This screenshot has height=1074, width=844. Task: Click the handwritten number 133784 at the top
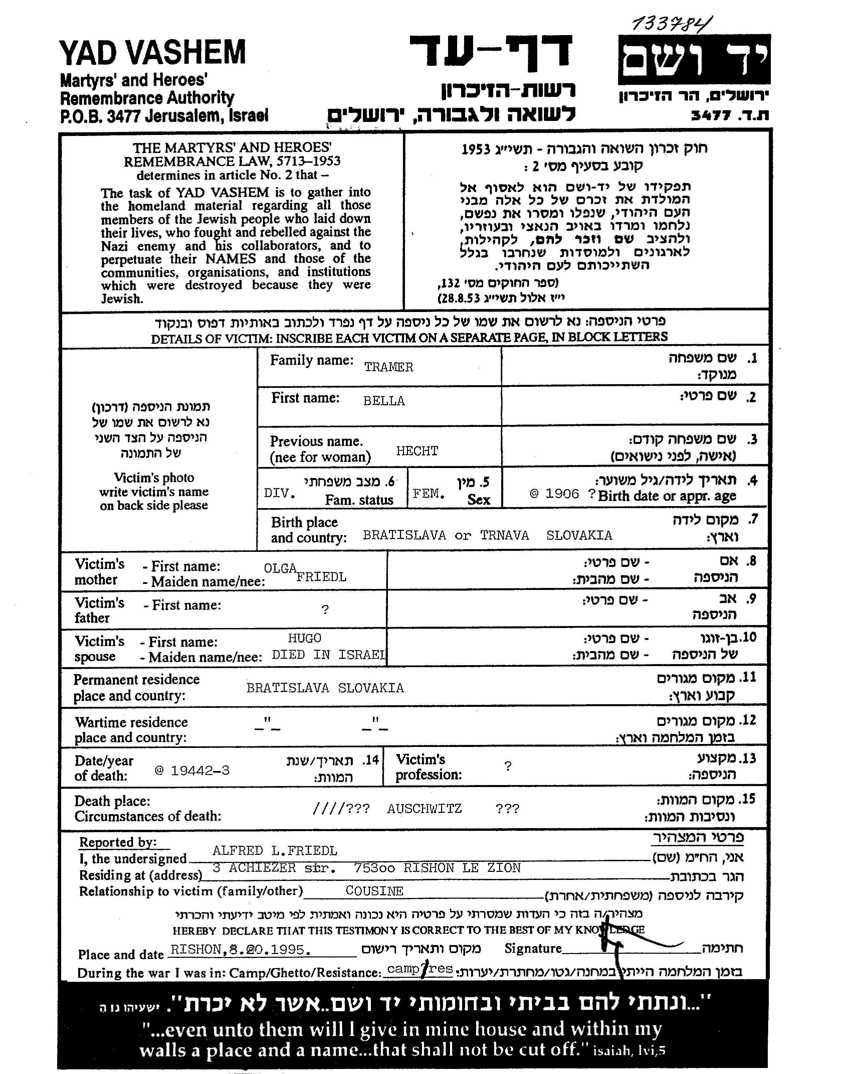[x=672, y=23]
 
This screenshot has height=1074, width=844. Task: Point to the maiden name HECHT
[x=417, y=451]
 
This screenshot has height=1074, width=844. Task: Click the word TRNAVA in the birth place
[x=505, y=535]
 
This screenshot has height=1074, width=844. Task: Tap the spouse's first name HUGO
[x=304, y=638]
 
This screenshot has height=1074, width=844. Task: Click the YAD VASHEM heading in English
[x=153, y=53]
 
